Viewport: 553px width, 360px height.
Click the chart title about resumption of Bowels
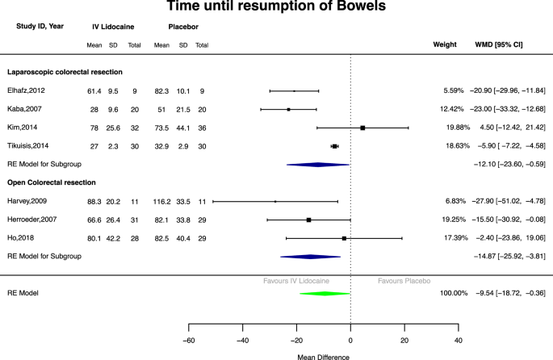coord(275,8)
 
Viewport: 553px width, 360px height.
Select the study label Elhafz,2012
coord(27,91)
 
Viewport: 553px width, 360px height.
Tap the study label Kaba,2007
coord(26,109)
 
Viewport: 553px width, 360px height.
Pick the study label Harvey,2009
coord(28,201)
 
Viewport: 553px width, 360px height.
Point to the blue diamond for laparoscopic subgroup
coord(317,164)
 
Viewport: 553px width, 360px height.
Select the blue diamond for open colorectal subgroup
coord(311,256)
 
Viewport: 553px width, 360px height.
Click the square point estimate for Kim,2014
coord(362,128)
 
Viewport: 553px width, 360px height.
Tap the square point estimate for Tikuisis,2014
coord(335,146)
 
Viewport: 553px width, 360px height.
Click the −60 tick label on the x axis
coord(188,340)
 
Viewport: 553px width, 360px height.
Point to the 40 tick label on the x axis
coord(459,340)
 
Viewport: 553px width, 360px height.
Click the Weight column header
coord(446,44)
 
